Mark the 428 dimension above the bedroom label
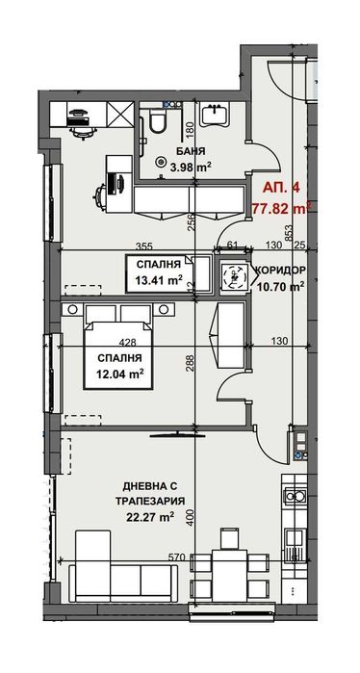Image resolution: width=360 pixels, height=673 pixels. [126, 341]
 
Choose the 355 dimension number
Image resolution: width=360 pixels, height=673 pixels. [145, 246]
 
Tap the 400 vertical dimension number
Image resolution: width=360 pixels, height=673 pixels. [191, 518]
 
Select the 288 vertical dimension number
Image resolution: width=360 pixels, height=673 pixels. [191, 364]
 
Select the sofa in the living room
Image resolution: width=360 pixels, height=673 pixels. [122, 581]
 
